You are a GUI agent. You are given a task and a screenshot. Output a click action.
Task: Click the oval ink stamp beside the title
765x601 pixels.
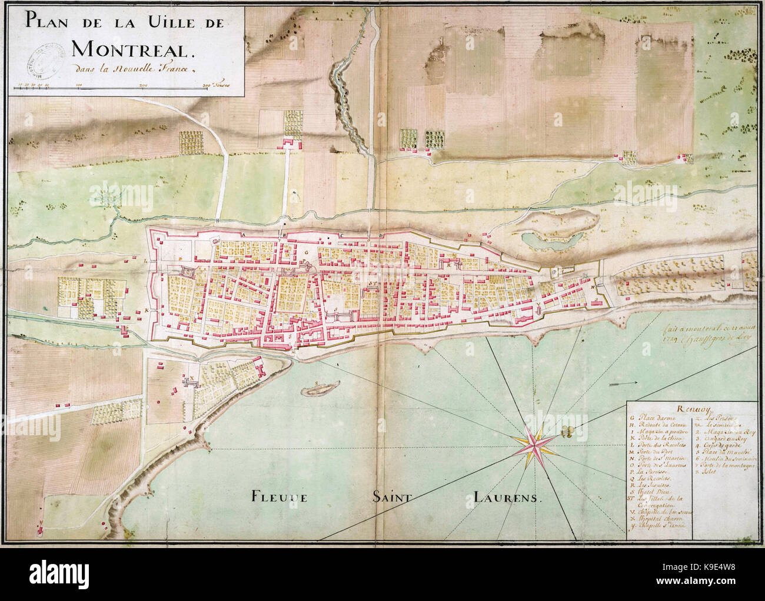pos(45,55)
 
